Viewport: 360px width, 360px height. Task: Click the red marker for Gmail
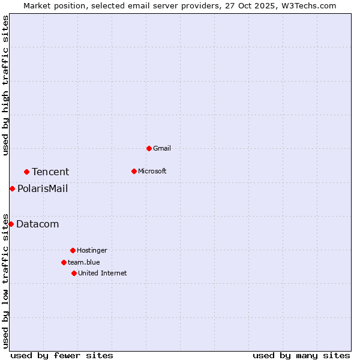149,148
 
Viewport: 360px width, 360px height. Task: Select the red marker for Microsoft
134,171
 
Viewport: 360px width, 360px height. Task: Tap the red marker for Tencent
26,172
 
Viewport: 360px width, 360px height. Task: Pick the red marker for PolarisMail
12,188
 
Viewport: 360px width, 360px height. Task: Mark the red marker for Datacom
11,224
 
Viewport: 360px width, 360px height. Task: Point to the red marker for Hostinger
73,250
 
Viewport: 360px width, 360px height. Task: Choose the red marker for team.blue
64,262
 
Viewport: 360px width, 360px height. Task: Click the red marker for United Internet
74,273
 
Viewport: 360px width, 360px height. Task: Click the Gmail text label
162,148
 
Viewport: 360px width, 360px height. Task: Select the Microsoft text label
152,171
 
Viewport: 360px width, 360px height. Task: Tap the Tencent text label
50,172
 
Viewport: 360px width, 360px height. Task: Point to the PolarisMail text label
43,189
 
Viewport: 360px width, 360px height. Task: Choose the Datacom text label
38,224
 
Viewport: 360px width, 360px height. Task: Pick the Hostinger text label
92,250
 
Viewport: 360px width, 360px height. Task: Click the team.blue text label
84,262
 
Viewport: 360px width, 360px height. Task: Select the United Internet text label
103,273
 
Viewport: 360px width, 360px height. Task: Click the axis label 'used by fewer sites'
62,355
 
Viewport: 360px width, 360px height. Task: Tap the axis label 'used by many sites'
301,355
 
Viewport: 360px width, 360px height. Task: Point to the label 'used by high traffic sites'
5,85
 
